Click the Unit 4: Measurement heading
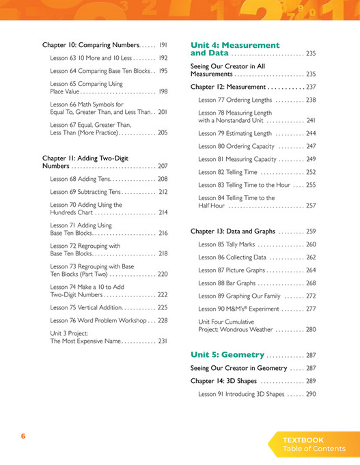tap(235, 45)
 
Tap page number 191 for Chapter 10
tap(163, 44)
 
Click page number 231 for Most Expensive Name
tap(163, 341)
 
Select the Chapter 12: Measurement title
tap(228, 87)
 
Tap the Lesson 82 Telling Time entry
tap(229, 172)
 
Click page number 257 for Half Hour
tap(310, 205)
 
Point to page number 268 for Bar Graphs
tap(310, 283)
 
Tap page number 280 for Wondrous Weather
tap(310, 329)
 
